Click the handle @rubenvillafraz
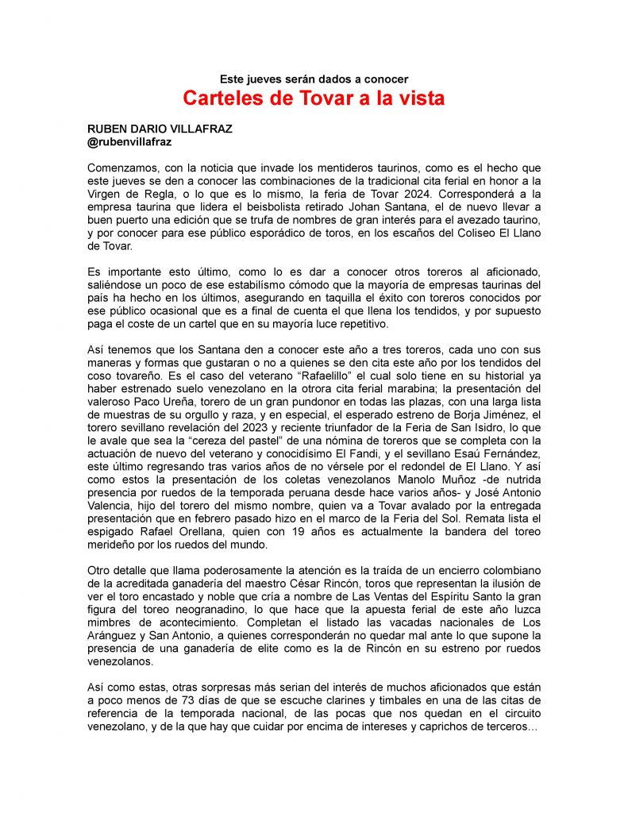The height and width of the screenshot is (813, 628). point(129,141)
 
